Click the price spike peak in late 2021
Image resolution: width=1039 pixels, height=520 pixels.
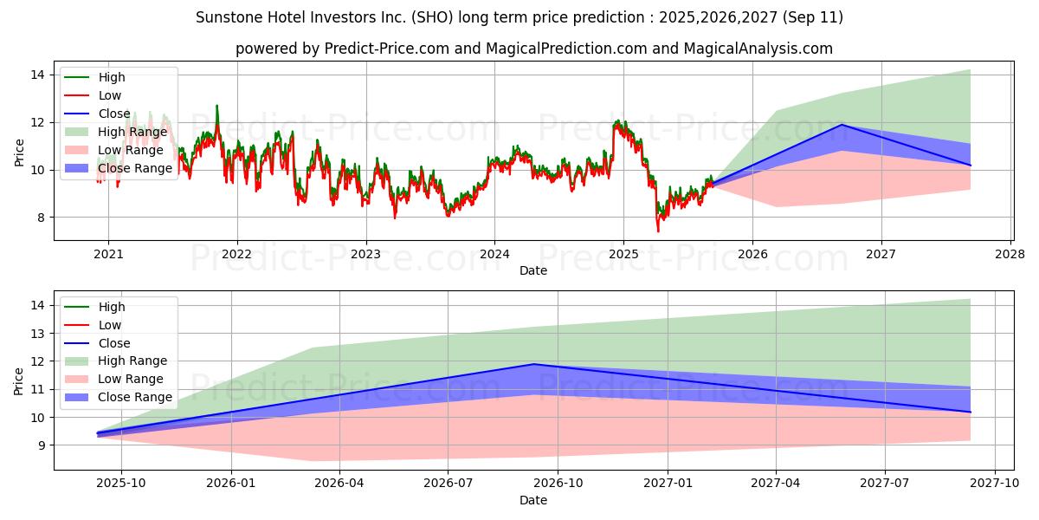pyautogui.click(x=216, y=106)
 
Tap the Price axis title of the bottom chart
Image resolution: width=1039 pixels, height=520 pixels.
pyautogui.click(x=19, y=380)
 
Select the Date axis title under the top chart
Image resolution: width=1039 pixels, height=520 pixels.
pyautogui.click(x=532, y=270)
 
